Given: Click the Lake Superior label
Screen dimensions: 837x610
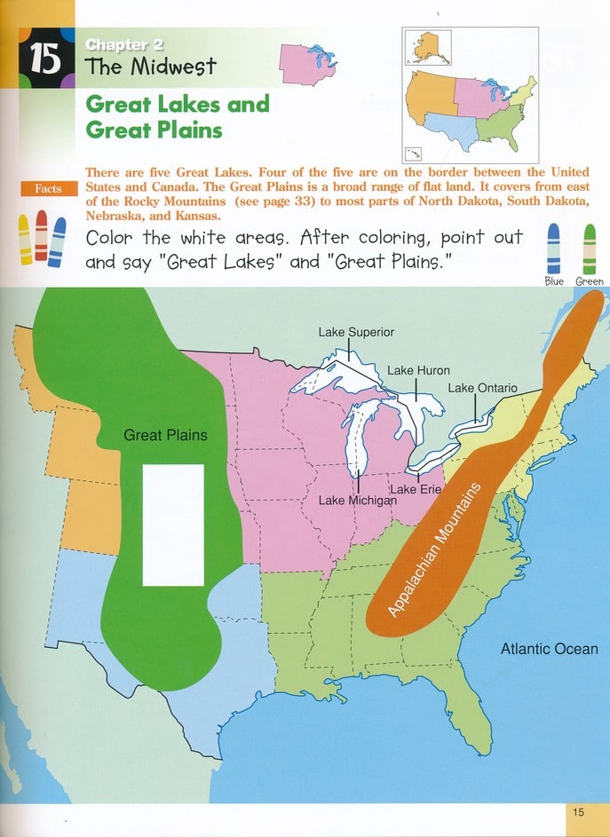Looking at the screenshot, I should click(x=355, y=333).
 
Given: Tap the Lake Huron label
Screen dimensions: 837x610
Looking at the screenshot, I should click(x=418, y=370).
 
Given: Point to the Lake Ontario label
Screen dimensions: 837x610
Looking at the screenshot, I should click(x=482, y=388).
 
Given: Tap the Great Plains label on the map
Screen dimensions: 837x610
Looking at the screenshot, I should click(x=165, y=435).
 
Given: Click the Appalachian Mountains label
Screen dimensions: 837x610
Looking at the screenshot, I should click(x=434, y=550).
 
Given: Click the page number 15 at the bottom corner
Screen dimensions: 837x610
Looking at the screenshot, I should click(x=578, y=811).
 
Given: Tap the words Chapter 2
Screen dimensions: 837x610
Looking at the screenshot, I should click(x=124, y=44).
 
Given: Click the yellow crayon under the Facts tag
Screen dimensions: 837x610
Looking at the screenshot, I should click(x=26, y=238).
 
